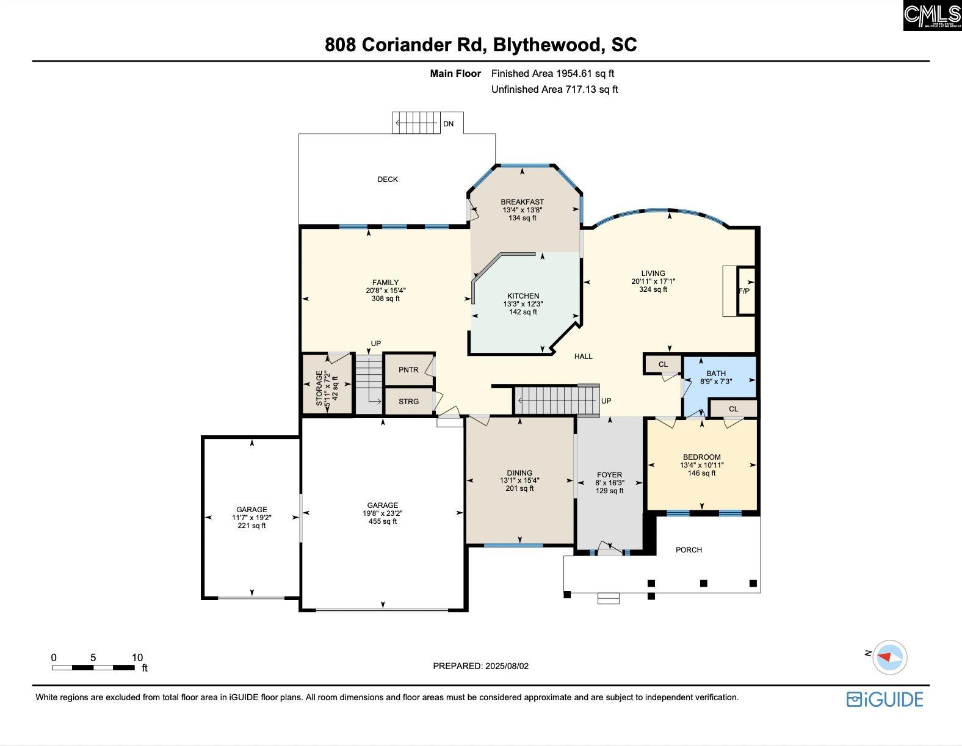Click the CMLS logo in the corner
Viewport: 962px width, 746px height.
[x=932, y=15]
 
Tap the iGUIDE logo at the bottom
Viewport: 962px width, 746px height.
[x=885, y=700]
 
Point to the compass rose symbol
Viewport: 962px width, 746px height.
[x=889, y=657]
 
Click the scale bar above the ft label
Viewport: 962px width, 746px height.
[x=93, y=667]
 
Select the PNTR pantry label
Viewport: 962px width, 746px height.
[x=408, y=370]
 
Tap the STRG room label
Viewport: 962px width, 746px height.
[x=408, y=402]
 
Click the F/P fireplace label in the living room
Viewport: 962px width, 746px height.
[x=744, y=291]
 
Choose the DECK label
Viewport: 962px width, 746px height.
[x=388, y=179]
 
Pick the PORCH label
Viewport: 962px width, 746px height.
[x=689, y=550]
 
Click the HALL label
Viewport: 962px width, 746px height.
[x=583, y=357]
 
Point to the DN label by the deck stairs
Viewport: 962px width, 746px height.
[x=449, y=124]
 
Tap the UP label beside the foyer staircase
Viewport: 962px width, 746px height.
[x=606, y=400]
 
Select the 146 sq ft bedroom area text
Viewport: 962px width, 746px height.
[x=702, y=473]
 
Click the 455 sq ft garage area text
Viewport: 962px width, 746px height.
[x=383, y=521]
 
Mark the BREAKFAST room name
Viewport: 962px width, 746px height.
[x=523, y=202]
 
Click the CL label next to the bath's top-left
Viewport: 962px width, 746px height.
[x=663, y=364]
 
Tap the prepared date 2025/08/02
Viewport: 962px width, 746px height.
[x=507, y=666]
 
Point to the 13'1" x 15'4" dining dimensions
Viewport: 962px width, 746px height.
[x=519, y=480]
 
